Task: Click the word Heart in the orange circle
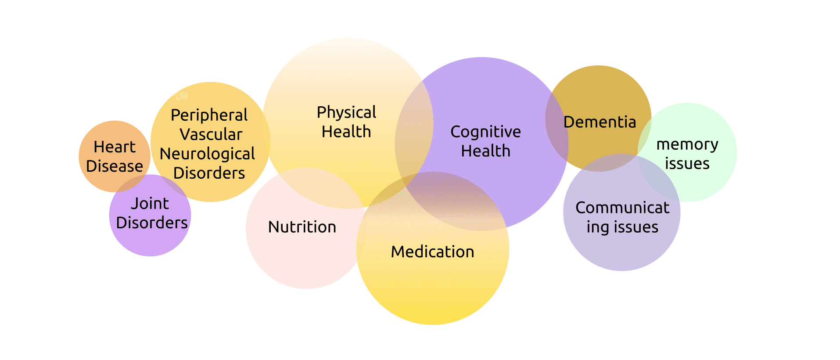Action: (115, 147)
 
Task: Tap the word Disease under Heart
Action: (115, 166)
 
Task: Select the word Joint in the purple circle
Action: (150, 204)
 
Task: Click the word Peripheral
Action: (209, 115)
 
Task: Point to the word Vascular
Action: (211, 134)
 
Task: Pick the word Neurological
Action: (207, 154)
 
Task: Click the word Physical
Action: (346, 112)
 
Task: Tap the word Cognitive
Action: (485, 132)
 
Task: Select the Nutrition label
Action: (302, 227)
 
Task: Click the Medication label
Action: (432, 252)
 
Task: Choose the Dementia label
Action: (599, 122)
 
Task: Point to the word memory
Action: (687, 144)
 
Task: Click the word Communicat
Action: (622, 208)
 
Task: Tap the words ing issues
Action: (622, 227)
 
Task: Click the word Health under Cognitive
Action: (485, 151)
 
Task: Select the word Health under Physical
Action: (346, 132)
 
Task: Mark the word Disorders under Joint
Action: (152, 223)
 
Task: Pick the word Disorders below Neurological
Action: (209, 173)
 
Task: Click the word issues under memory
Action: (687, 164)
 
